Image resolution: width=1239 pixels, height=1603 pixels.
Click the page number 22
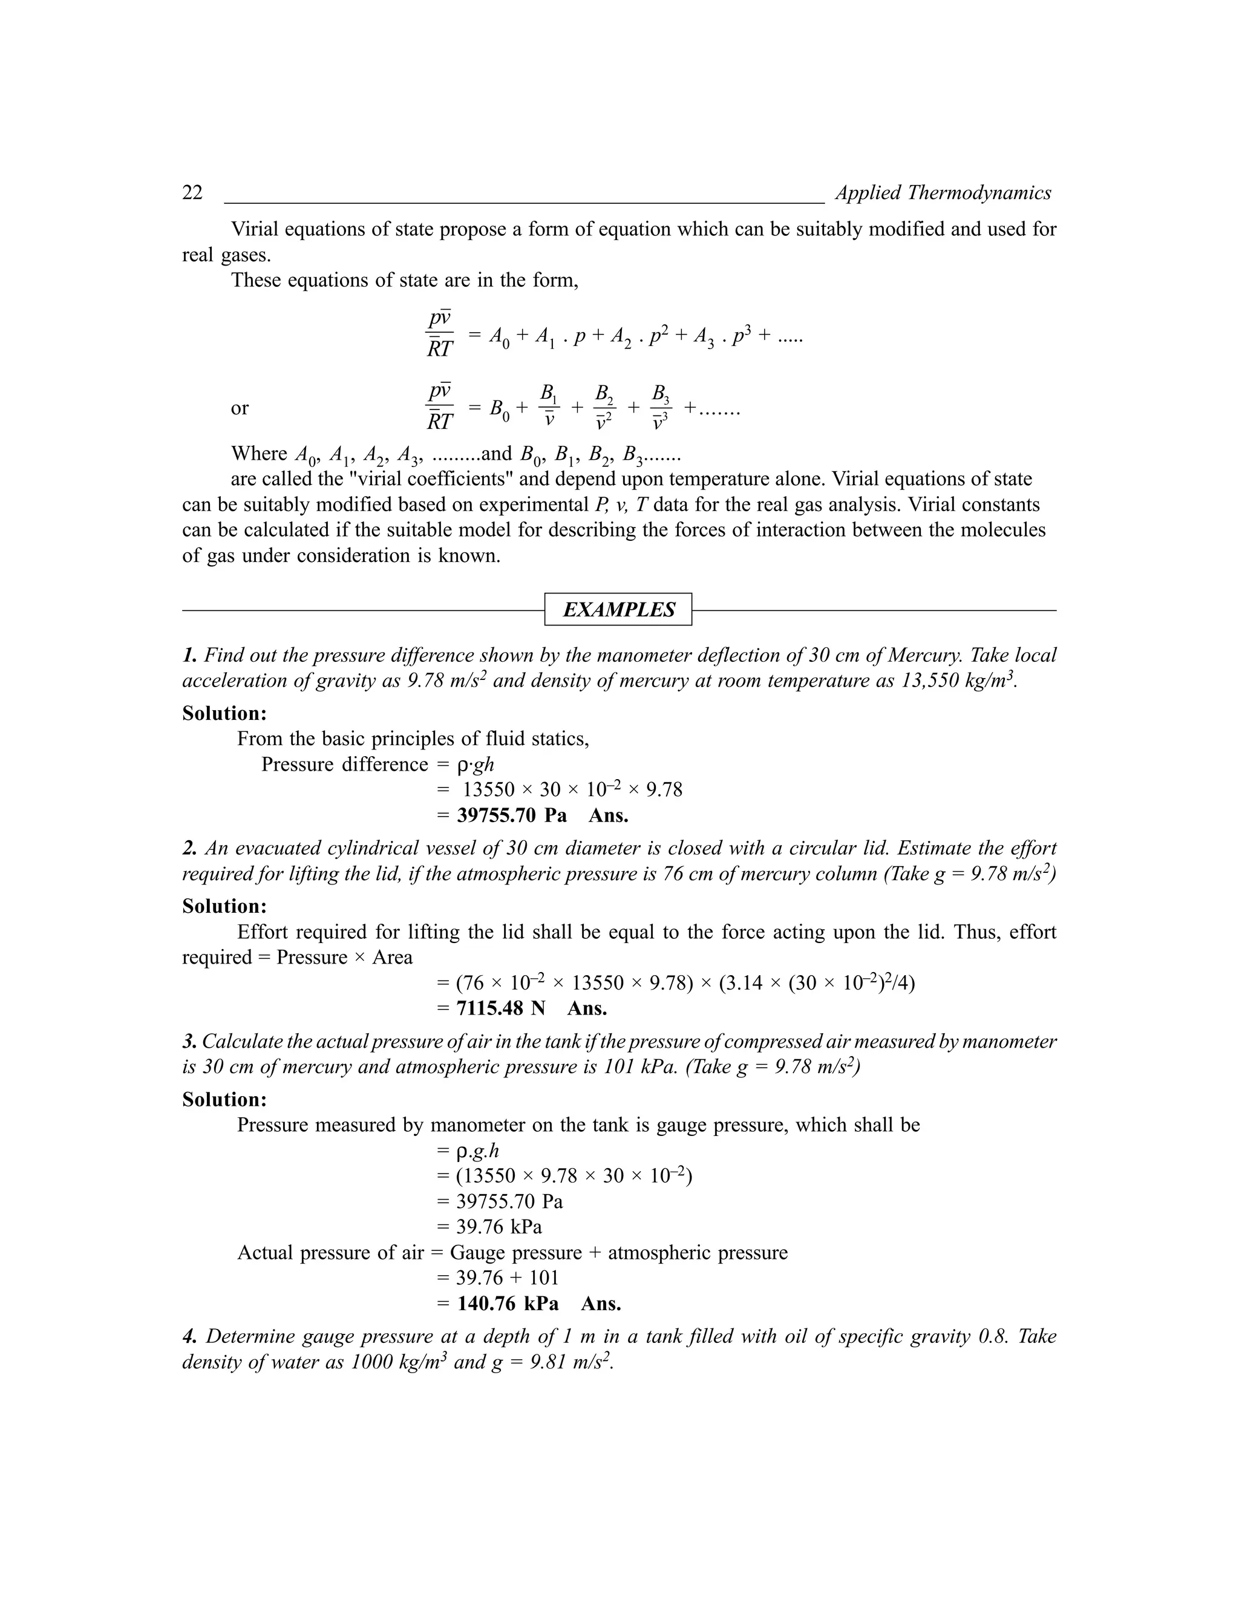(x=192, y=193)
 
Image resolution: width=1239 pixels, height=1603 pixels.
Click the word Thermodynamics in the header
(x=979, y=193)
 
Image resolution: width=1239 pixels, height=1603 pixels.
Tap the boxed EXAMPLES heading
(x=618, y=610)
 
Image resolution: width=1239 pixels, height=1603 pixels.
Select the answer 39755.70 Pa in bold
(x=512, y=815)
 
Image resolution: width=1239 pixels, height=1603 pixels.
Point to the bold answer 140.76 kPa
(x=507, y=1304)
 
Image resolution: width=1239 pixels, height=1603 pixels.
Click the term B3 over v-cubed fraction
(x=661, y=407)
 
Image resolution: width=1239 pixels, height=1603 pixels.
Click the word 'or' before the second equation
(x=240, y=408)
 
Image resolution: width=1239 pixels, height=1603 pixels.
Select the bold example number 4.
(x=189, y=1337)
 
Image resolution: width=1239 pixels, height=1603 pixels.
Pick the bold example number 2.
(x=189, y=849)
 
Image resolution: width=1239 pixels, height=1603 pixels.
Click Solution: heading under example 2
(x=224, y=907)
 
